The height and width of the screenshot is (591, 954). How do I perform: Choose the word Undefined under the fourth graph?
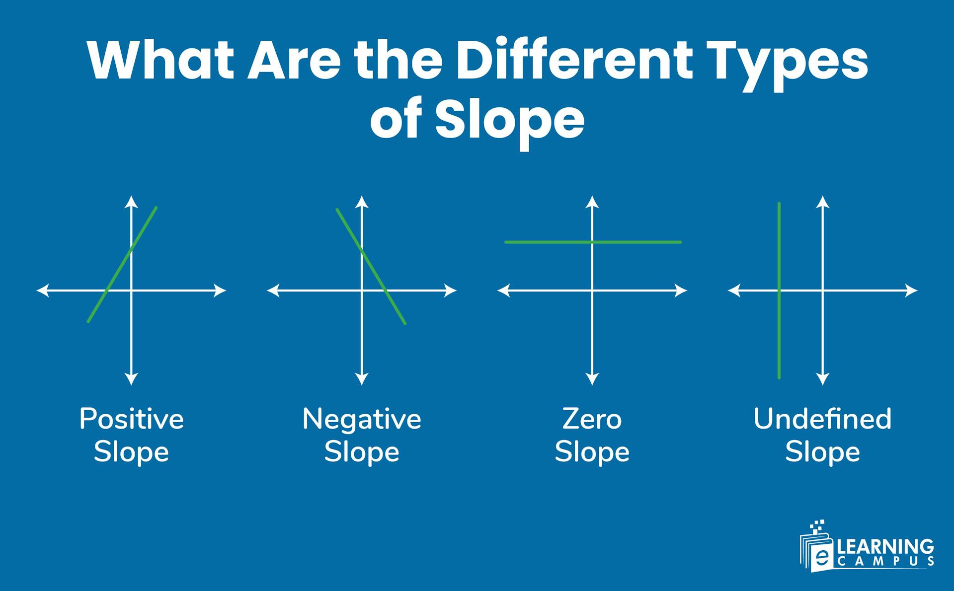(822, 419)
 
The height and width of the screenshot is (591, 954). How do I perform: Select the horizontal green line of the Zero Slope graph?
(547, 242)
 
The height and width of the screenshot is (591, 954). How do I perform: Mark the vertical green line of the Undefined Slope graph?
(779, 338)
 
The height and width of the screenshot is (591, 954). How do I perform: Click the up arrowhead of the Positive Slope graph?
(131, 201)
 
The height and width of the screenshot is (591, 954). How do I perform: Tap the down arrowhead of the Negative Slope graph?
(362, 379)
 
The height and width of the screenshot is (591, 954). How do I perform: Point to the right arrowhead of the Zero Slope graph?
(681, 291)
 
